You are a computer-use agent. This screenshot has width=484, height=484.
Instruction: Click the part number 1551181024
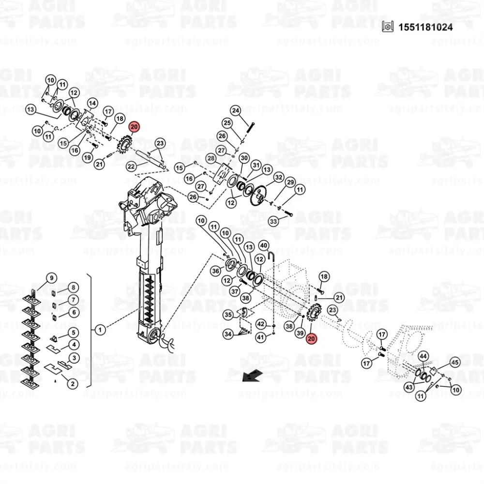click(x=425, y=28)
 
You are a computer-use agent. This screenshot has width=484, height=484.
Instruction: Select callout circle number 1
click(x=100, y=330)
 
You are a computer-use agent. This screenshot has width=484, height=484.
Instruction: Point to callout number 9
click(x=51, y=278)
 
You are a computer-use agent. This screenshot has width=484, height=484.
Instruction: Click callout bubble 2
click(x=72, y=384)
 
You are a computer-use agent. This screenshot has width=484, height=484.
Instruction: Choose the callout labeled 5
click(x=74, y=333)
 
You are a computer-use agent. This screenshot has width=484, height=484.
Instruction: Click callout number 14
click(x=92, y=103)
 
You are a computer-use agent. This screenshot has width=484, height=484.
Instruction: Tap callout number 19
click(x=87, y=157)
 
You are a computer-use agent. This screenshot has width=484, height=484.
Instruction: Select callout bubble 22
click(x=131, y=166)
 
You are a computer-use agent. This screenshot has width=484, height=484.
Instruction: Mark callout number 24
click(x=235, y=111)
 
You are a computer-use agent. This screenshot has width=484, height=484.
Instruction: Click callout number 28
click(x=211, y=158)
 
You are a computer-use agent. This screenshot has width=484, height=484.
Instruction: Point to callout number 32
click(x=278, y=178)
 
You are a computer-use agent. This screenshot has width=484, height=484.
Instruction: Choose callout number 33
click(x=273, y=221)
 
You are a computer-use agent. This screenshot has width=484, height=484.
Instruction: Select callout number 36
click(x=216, y=271)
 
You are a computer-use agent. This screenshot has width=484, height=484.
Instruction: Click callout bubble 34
click(x=228, y=334)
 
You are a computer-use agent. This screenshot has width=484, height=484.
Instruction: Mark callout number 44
click(x=423, y=356)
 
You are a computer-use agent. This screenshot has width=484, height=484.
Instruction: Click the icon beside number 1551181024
click(x=386, y=27)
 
